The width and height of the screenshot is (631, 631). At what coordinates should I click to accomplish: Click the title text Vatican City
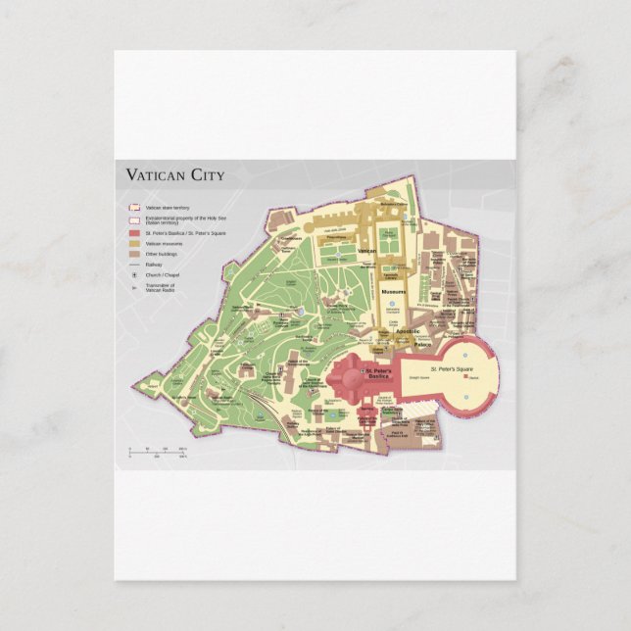tap(174, 176)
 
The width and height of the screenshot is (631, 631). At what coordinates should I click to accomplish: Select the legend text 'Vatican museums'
tap(164, 243)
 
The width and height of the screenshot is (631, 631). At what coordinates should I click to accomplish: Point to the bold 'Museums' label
tap(394, 291)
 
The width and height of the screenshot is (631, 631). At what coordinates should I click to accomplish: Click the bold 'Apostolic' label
tap(407, 332)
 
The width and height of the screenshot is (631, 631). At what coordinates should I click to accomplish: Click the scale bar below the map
tap(157, 452)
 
